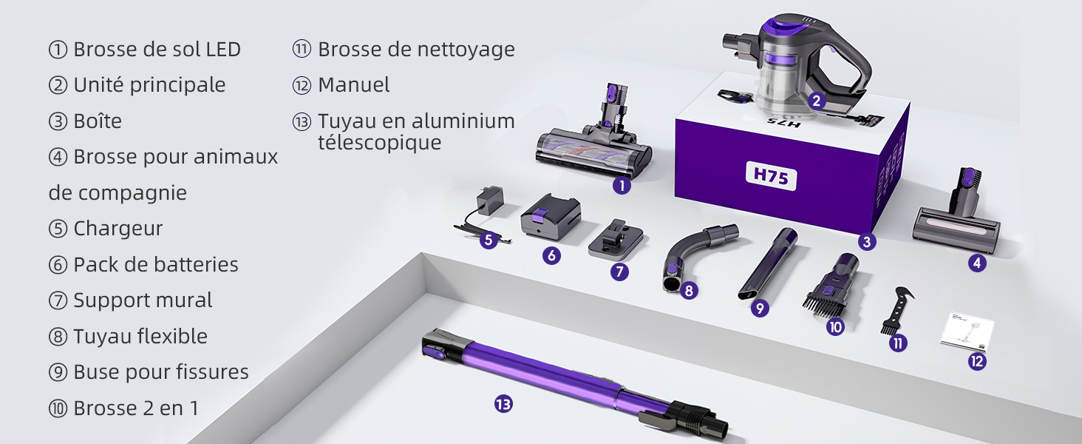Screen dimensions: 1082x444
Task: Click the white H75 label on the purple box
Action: [771, 176]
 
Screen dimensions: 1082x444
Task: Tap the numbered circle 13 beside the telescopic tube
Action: [503, 404]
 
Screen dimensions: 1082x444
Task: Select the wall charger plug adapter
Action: [490, 201]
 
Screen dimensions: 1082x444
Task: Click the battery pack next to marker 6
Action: [551, 216]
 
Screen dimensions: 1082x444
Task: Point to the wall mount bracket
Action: [616, 240]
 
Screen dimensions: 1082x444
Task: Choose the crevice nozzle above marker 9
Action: [768, 263]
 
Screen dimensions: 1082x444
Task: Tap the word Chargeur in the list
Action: [118, 229]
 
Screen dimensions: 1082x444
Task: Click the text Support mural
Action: [143, 300]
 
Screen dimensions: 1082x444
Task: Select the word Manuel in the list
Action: [353, 84]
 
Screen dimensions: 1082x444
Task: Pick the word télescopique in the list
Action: [380, 143]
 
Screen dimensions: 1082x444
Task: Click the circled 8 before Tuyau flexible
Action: [58, 337]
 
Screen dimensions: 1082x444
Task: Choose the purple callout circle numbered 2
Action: [817, 101]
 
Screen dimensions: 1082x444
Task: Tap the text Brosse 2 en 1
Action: [136, 408]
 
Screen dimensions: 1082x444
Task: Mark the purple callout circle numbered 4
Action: [977, 263]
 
